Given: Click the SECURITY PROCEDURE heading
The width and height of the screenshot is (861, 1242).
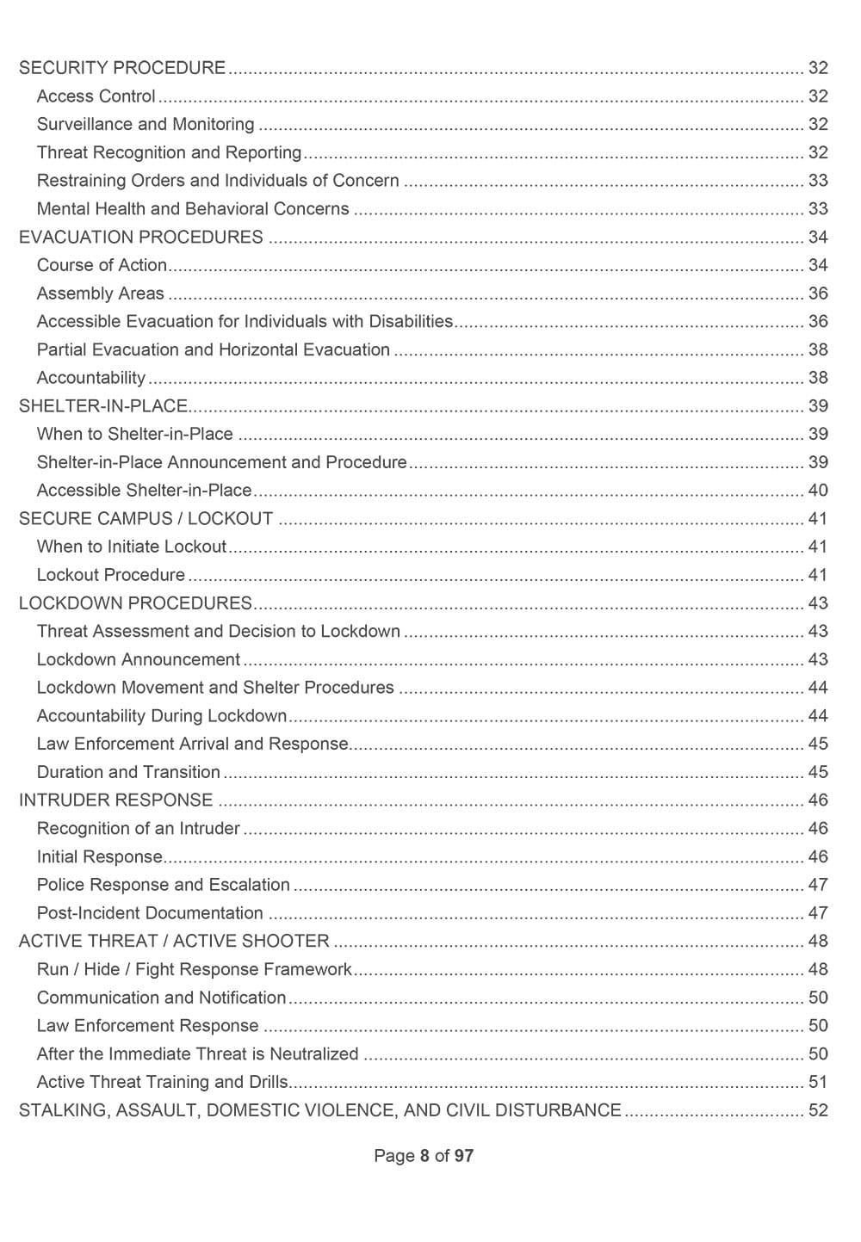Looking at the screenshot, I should [122, 68].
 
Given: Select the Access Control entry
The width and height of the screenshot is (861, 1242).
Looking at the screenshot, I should [96, 96].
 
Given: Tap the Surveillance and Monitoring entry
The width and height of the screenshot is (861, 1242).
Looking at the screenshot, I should [146, 124].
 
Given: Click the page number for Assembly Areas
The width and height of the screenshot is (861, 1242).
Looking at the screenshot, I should [817, 294].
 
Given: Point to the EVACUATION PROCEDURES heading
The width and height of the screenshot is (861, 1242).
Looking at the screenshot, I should [141, 237].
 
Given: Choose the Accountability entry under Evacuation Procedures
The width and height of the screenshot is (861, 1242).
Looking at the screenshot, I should [91, 378].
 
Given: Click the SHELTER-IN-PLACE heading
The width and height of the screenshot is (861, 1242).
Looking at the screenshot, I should [103, 406].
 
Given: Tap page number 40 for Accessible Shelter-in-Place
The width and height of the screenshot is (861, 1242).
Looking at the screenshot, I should [817, 491].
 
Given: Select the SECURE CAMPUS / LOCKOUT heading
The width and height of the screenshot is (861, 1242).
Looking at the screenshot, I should [146, 518].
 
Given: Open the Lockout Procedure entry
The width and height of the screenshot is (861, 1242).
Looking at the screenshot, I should [110, 575].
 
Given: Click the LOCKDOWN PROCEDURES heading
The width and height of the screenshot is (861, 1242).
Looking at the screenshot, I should [135, 603].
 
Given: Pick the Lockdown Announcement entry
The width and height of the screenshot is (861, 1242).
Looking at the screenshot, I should [138, 659].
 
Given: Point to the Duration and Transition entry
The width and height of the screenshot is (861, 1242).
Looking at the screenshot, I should [128, 772].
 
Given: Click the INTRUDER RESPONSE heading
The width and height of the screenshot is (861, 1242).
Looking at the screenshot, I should [115, 800].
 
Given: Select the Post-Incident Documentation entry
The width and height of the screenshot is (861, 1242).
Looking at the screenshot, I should [150, 913].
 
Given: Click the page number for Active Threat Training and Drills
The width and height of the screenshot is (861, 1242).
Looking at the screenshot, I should [817, 1082].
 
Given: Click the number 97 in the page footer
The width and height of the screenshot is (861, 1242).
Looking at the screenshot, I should [463, 1156].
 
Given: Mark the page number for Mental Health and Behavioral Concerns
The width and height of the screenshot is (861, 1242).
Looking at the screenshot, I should [817, 209].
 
